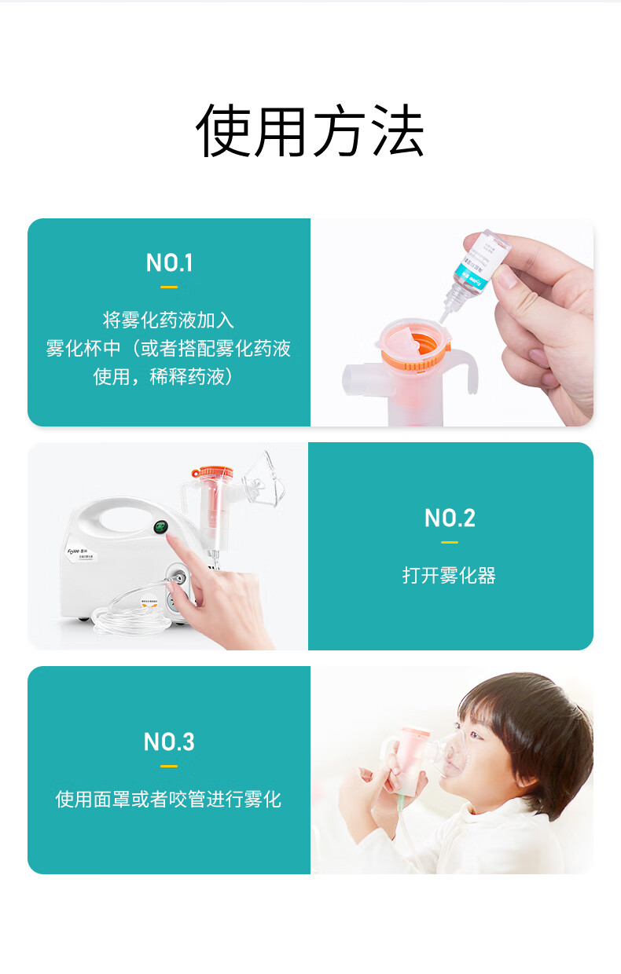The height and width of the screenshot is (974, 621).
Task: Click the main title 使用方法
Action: click(x=310, y=130)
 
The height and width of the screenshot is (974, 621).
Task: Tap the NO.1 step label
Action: click(x=169, y=263)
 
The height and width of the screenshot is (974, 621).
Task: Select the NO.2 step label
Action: click(x=450, y=518)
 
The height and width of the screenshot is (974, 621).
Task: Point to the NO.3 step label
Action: click(x=169, y=742)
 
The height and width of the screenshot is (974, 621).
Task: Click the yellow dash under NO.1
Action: click(x=169, y=287)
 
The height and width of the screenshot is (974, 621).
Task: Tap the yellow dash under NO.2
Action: click(x=450, y=542)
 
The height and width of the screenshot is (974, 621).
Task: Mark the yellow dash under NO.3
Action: click(x=169, y=766)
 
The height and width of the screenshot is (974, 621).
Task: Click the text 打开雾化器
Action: click(x=450, y=576)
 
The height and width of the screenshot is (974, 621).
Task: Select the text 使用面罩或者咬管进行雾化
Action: click(x=169, y=800)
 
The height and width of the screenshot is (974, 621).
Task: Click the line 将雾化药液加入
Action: click(x=169, y=320)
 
